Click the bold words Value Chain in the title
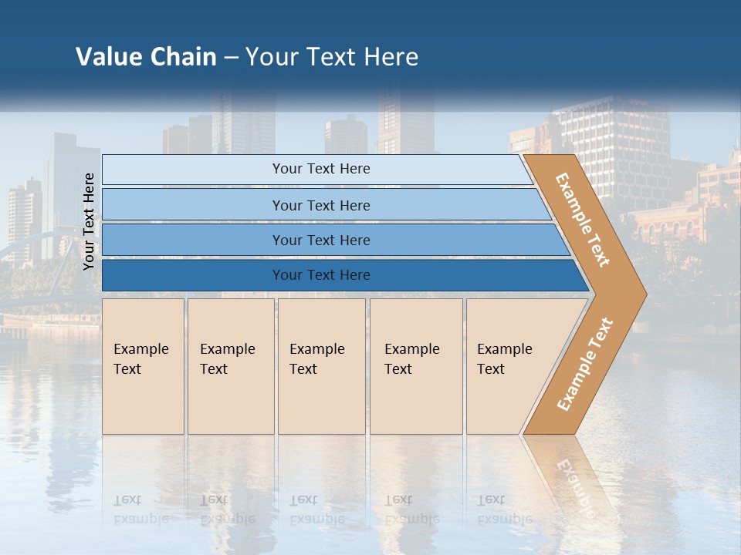pyautogui.click(x=146, y=57)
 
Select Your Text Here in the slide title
pyautogui.click(x=332, y=57)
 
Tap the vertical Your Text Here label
pyautogui.click(x=89, y=222)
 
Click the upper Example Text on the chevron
pyautogui.click(x=583, y=220)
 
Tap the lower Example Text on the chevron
pyautogui.click(x=585, y=364)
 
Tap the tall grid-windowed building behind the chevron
pyautogui.click(x=617, y=139)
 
